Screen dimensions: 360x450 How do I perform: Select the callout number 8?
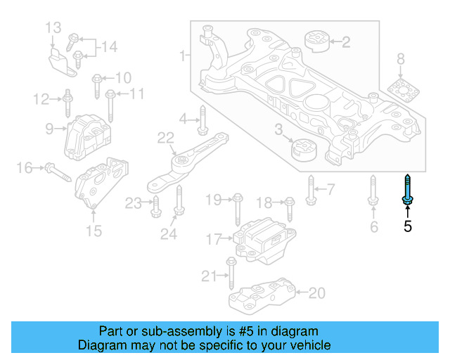pos(401,59)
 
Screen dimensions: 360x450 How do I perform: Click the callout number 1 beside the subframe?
pos(183,55)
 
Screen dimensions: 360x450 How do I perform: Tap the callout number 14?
pos(108,47)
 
